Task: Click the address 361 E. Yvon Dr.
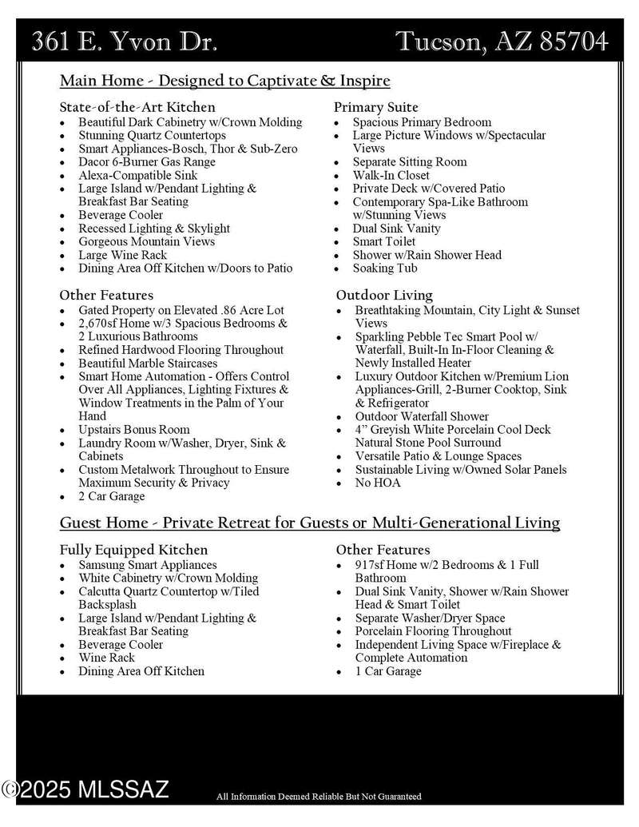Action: pos(124,42)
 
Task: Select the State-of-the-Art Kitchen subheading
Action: pos(137,106)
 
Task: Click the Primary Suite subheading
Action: pos(376,107)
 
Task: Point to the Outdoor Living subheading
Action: pos(384,295)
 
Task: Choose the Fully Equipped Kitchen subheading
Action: pos(133,550)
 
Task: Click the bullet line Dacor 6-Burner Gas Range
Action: pos(147,162)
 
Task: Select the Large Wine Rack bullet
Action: pos(122,255)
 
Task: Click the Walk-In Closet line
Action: pos(391,175)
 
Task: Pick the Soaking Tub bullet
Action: pos(385,268)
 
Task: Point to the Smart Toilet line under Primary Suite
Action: pos(384,241)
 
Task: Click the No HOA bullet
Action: pos(378,483)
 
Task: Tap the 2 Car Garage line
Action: pos(112,496)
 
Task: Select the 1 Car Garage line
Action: pos(388,671)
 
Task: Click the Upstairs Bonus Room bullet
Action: pos(134,430)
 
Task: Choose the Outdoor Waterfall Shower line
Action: pos(422,416)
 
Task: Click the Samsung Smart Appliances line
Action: pos(148,565)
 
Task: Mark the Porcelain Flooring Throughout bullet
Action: pos(434,631)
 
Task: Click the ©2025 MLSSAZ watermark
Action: pos(85,790)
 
